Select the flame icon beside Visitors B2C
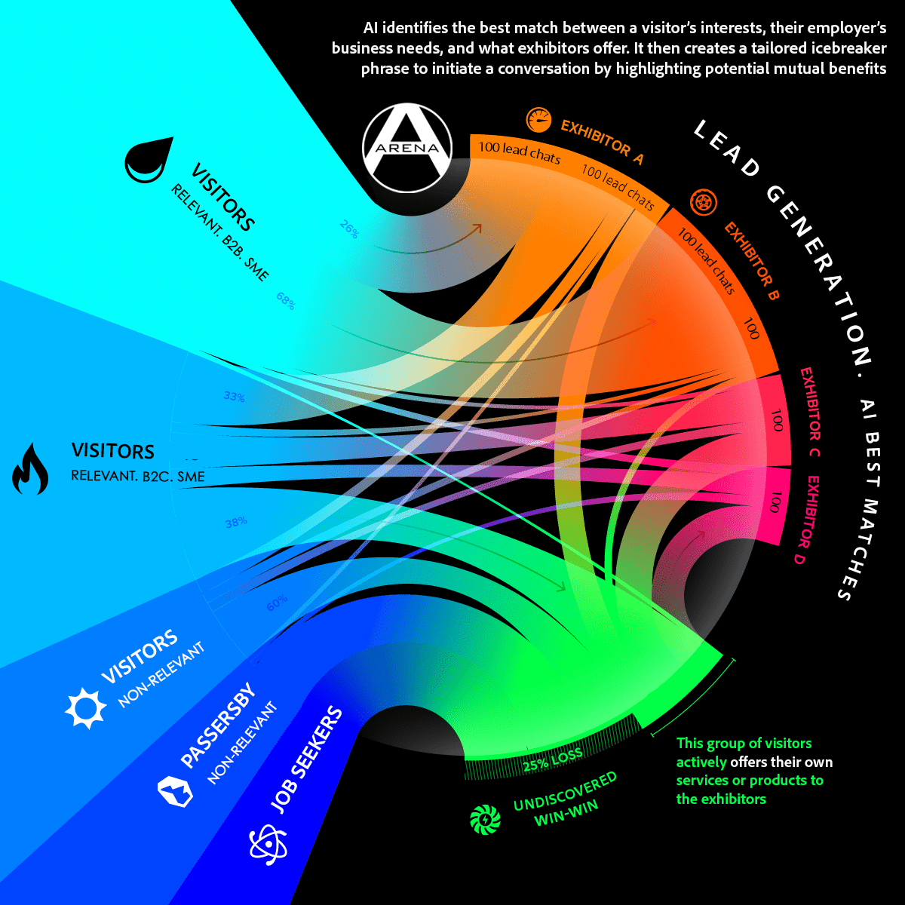[31, 469]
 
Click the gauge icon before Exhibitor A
[537, 118]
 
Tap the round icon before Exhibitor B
[704, 202]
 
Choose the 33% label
[234, 397]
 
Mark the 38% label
[235, 521]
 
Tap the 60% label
[277, 603]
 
